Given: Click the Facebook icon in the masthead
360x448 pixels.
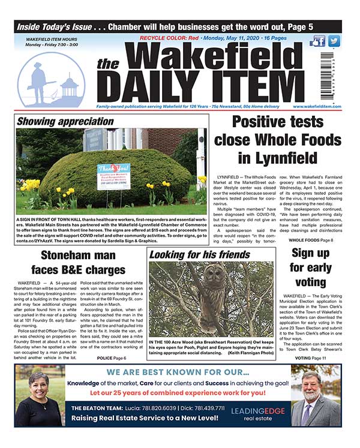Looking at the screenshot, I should (318, 41).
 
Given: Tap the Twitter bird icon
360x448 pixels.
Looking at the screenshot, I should (334, 41).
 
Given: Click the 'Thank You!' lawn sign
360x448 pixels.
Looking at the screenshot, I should (113, 175).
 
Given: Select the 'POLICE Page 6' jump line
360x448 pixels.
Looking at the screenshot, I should (111, 357).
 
